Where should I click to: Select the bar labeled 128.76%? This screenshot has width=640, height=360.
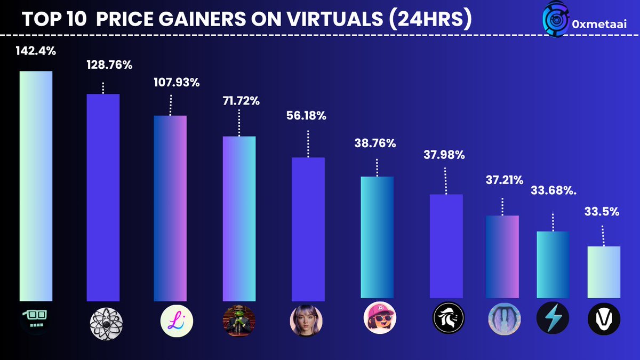pyautogui.click(x=103, y=197)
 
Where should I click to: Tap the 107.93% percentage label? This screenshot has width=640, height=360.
pyautogui.click(x=171, y=83)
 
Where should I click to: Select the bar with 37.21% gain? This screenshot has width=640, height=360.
pyautogui.click(x=502, y=257)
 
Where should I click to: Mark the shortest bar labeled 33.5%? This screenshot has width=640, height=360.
pyautogui.click(x=604, y=272)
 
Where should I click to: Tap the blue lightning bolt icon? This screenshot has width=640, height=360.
pyautogui.click(x=553, y=320)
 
